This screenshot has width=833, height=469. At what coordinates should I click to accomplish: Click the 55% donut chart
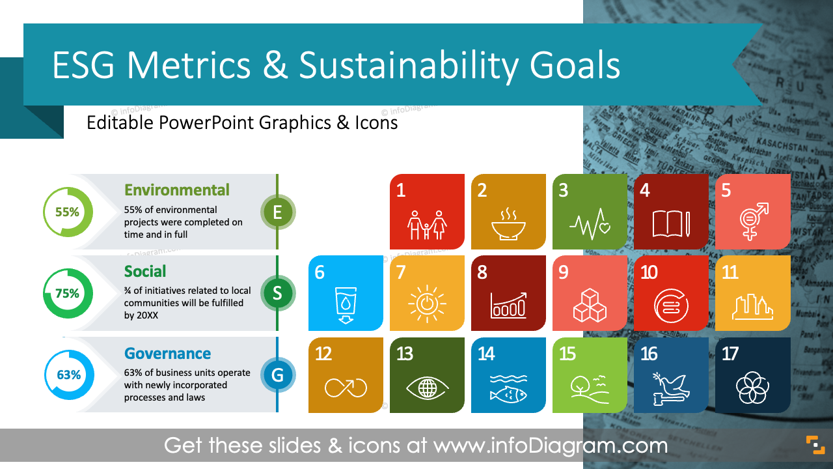click(68, 212)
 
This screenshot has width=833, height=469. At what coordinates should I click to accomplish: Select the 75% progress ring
click(68, 293)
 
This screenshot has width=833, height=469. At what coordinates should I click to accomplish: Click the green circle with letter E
click(278, 212)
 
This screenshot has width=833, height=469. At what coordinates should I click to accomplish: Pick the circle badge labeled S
click(278, 293)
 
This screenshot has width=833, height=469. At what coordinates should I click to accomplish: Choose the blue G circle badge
click(278, 375)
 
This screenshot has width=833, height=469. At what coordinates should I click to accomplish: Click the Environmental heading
click(177, 190)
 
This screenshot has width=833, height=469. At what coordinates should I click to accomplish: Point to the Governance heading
click(168, 354)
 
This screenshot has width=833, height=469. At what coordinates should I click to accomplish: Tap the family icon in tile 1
click(427, 225)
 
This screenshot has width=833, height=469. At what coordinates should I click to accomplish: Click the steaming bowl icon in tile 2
click(508, 225)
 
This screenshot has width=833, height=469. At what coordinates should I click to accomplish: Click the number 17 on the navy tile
click(730, 354)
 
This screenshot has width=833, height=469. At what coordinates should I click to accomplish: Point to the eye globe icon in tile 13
click(427, 388)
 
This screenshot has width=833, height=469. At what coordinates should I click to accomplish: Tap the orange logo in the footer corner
click(815, 446)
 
